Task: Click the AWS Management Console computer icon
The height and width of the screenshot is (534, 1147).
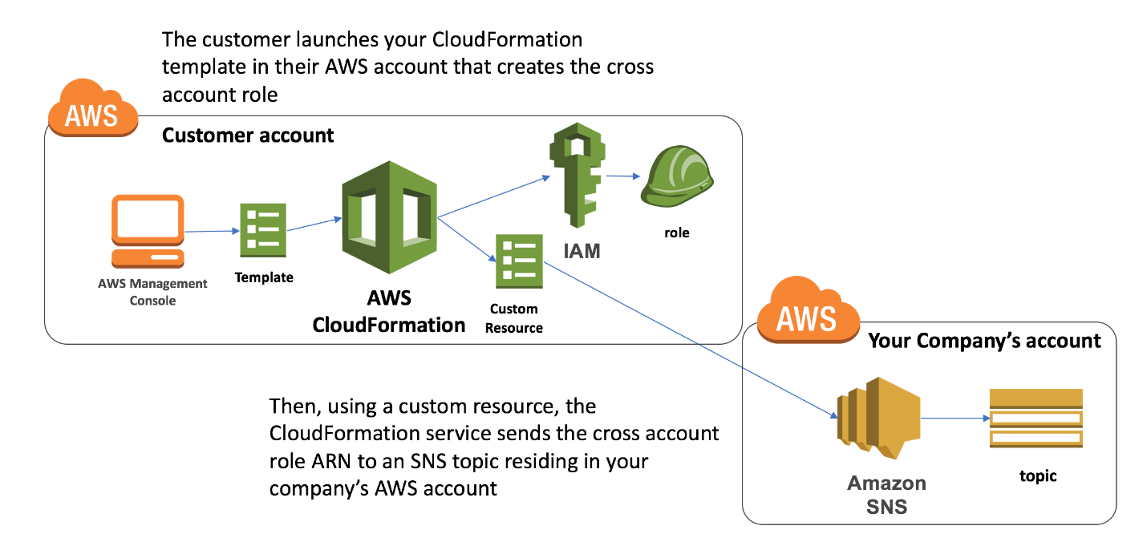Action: (148, 232)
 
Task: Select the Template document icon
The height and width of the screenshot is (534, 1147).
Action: (263, 230)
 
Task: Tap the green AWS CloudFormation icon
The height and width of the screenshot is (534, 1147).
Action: (389, 217)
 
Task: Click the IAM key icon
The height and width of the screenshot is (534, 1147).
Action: (577, 175)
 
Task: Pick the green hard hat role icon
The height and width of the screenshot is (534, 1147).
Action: (676, 176)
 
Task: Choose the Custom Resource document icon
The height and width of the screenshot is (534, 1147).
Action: (519, 261)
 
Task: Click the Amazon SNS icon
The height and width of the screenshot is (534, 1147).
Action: (878, 418)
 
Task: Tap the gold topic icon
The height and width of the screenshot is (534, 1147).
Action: (1036, 419)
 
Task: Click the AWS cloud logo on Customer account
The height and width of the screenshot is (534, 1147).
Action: (93, 108)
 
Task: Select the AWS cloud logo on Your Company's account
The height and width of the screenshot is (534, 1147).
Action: (808, 309)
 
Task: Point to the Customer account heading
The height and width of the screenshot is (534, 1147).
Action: (248, 136)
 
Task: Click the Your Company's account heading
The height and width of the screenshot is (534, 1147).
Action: (984, 341)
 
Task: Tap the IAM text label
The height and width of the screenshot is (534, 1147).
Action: (582, 251)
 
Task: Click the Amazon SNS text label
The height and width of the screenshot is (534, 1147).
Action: (887, 495)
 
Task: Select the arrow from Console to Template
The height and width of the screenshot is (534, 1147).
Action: (213, 232)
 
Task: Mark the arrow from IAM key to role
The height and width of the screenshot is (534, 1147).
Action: (623, 176)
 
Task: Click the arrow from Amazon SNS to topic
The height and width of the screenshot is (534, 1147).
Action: (955, 419)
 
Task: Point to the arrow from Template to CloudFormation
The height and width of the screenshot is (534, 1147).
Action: (314, 225)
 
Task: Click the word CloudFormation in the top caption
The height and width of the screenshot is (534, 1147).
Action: (507, 39)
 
